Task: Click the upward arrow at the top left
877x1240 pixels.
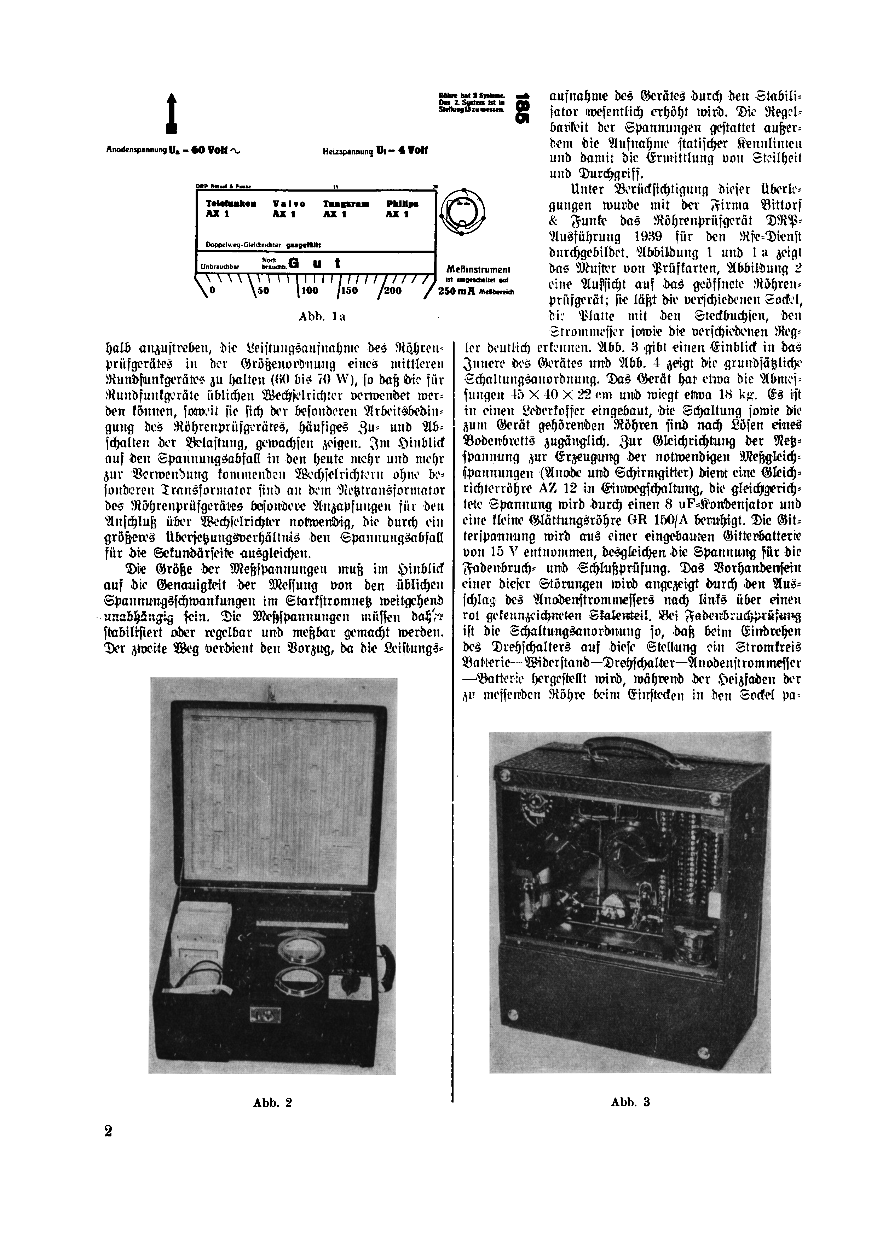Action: (x=172, y=113)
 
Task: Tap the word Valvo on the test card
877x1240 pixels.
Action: (x=289, y=204)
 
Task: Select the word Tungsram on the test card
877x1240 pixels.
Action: (x=346, y=204)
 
